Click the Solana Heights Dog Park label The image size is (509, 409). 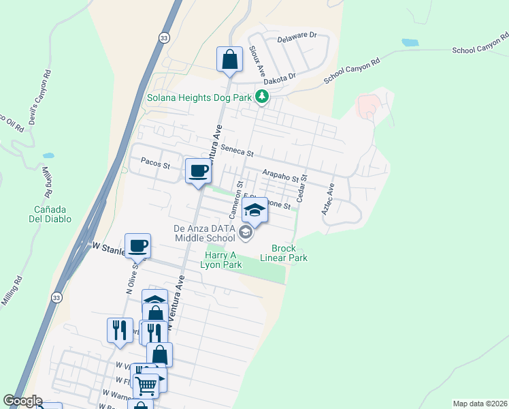point(199,97)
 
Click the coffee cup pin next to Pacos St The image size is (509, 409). point(198,170)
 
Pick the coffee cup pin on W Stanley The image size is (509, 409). point(137,245)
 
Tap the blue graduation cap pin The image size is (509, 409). point(255,211)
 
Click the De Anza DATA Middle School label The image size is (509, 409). point(204,232)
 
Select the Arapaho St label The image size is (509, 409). point(280,176)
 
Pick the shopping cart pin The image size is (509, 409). point(146,385)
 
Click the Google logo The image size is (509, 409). point(23,402)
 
